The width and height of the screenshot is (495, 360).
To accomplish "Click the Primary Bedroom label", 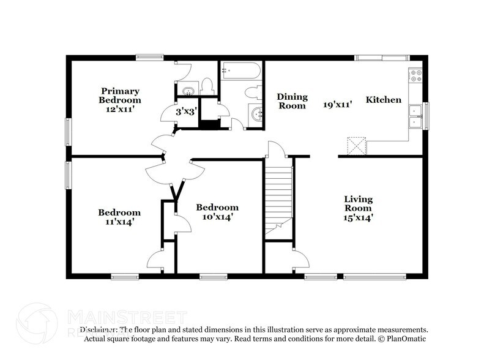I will click(121, 96).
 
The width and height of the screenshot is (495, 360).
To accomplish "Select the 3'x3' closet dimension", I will click(186, 112).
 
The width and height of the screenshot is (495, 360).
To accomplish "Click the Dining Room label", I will click(291, 101).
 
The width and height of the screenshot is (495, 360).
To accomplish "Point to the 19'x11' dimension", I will click(338, 104).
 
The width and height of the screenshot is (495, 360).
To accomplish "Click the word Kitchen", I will click(384, 100).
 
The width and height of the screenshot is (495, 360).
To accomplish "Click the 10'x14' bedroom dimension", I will click(217, 216).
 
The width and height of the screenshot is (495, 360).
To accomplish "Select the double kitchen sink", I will click(416, 116).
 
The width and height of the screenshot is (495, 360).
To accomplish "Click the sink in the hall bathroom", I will click(256, 114).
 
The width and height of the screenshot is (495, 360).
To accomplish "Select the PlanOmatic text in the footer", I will click(406, 339).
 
